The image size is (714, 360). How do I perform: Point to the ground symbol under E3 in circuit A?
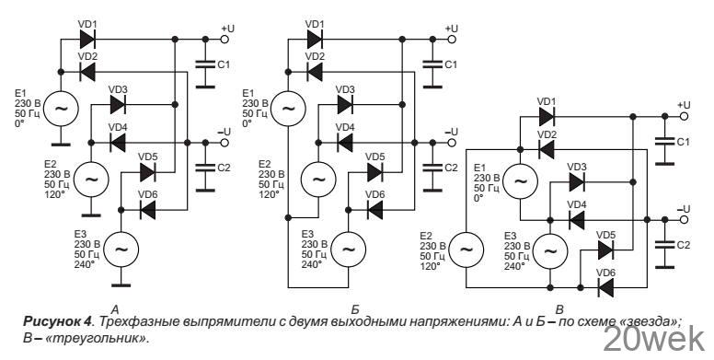pos(120,280)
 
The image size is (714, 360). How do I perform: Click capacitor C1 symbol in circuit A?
pos(204,64)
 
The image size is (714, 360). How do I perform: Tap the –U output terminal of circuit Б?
pos(448,142)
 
